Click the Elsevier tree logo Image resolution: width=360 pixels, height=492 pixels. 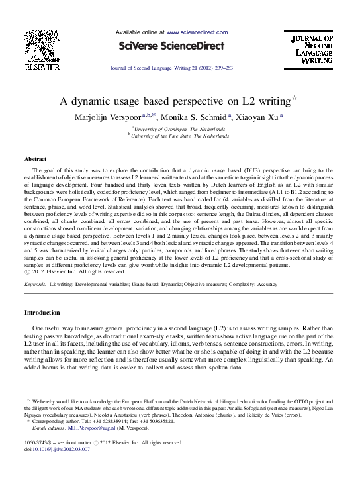point(42,46)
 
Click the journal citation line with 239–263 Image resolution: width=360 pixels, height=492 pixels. point(171,68)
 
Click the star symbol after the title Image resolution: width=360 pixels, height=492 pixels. point(294,99)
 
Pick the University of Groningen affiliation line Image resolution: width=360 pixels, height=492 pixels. point(180,128)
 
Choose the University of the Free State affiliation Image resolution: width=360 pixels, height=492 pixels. point(180,136)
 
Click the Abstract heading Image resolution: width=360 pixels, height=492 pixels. point(35,160)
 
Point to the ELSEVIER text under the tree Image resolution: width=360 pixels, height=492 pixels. point(43,66)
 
